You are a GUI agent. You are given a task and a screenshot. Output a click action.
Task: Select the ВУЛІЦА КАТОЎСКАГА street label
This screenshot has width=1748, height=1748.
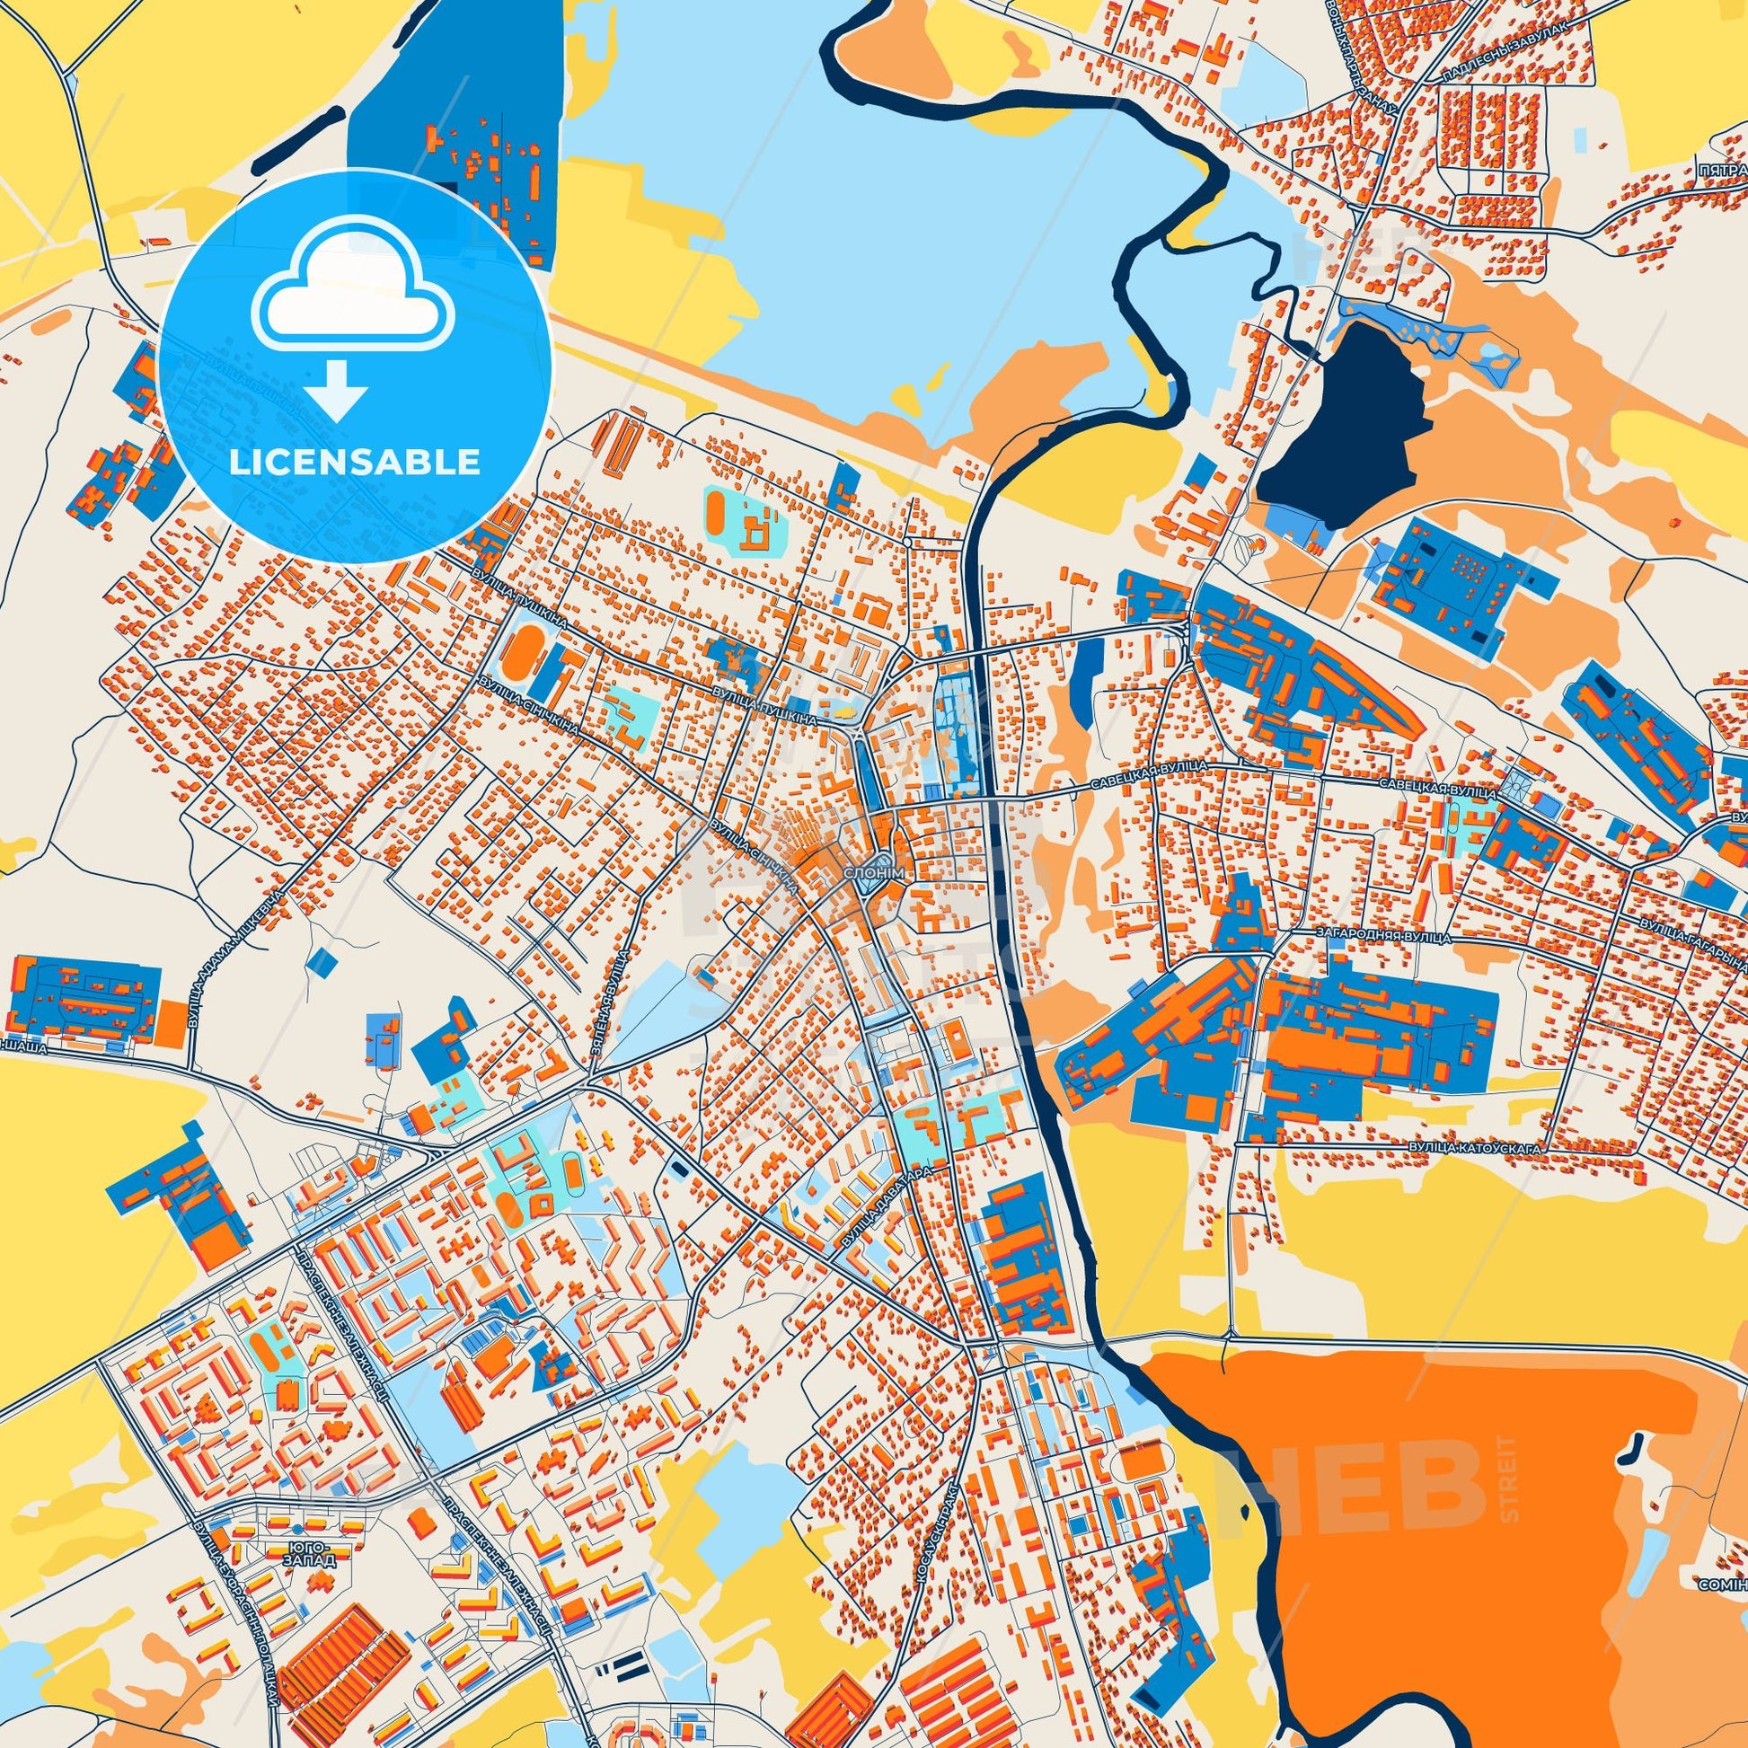pos(1473,1147)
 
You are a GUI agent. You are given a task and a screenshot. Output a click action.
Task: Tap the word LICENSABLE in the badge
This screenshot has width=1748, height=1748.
pos(354,463)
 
